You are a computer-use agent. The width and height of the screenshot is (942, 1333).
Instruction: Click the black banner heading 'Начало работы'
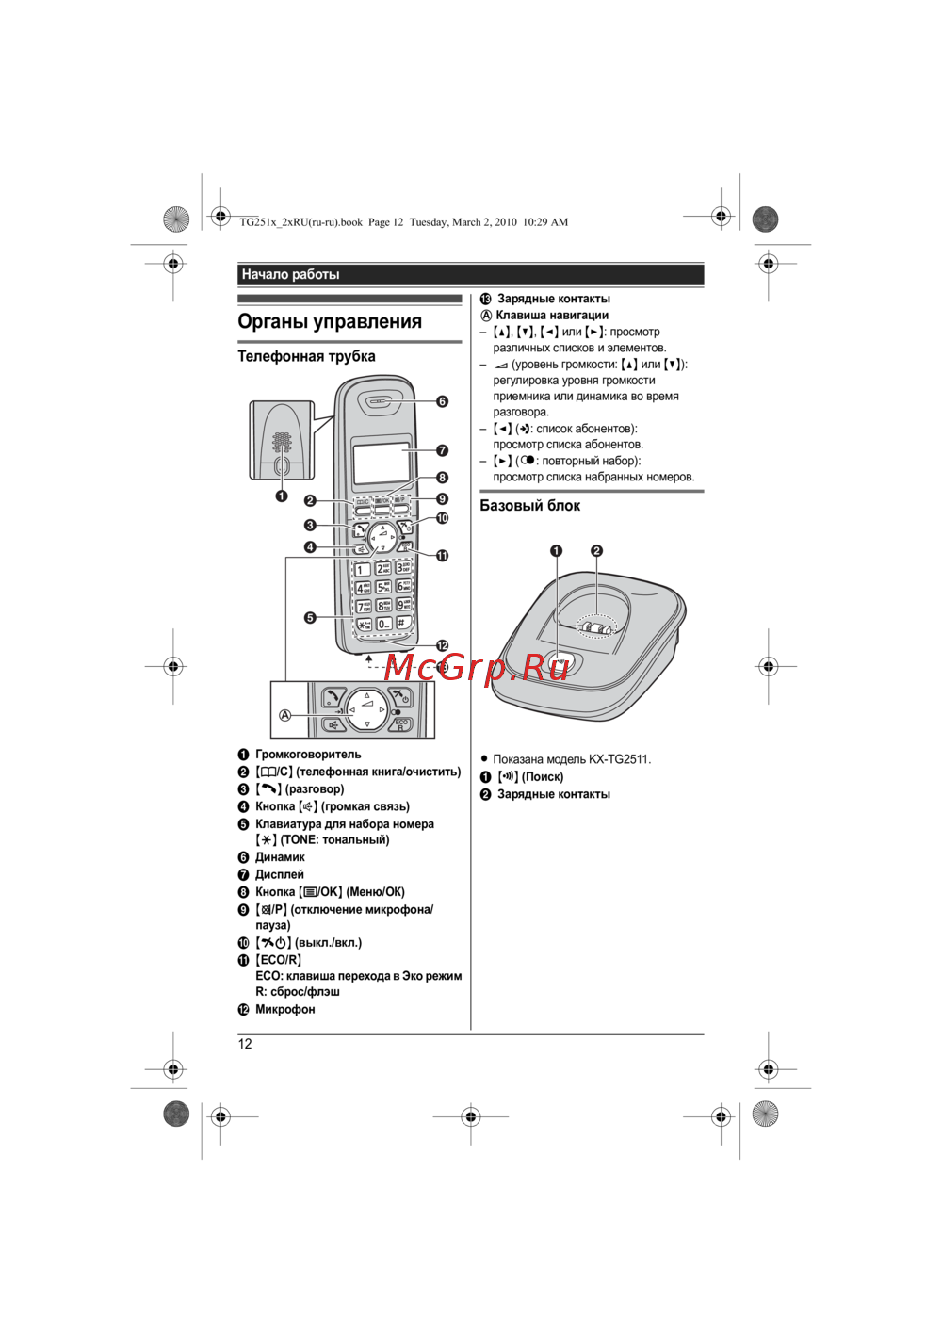[290, 275]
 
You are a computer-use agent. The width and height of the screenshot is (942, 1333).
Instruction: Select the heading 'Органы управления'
[330, 321]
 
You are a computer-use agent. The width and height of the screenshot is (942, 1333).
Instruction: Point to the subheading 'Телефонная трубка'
[306, 356]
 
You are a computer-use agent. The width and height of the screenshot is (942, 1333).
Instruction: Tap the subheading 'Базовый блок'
[529, 506]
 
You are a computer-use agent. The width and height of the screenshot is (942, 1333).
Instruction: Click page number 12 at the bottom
[245, 1044]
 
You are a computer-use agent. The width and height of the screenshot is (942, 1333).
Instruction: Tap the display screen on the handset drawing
[382, 462]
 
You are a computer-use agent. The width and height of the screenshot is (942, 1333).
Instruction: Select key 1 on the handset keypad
[362, 569]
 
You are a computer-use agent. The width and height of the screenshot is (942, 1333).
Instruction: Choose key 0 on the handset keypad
[383, 624]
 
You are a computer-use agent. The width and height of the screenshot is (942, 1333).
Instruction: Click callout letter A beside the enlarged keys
[284, 715]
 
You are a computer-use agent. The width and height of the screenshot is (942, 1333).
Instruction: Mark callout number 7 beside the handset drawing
[442, 450]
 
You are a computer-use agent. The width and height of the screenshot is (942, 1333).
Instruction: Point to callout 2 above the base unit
[596, 551]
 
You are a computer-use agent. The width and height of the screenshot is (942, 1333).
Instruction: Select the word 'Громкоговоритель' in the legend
[308, 755]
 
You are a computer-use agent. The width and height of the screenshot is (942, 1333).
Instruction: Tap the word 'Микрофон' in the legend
[285, 1010]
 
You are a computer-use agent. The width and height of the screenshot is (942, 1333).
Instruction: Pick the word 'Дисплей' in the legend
[280, 875]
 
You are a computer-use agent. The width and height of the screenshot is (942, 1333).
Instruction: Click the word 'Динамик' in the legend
[280, 857]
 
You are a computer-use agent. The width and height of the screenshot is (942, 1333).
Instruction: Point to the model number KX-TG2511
[619, 759]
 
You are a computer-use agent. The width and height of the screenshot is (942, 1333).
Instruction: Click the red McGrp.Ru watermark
[477, 667]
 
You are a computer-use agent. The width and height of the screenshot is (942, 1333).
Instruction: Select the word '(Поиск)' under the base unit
[543, 777]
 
